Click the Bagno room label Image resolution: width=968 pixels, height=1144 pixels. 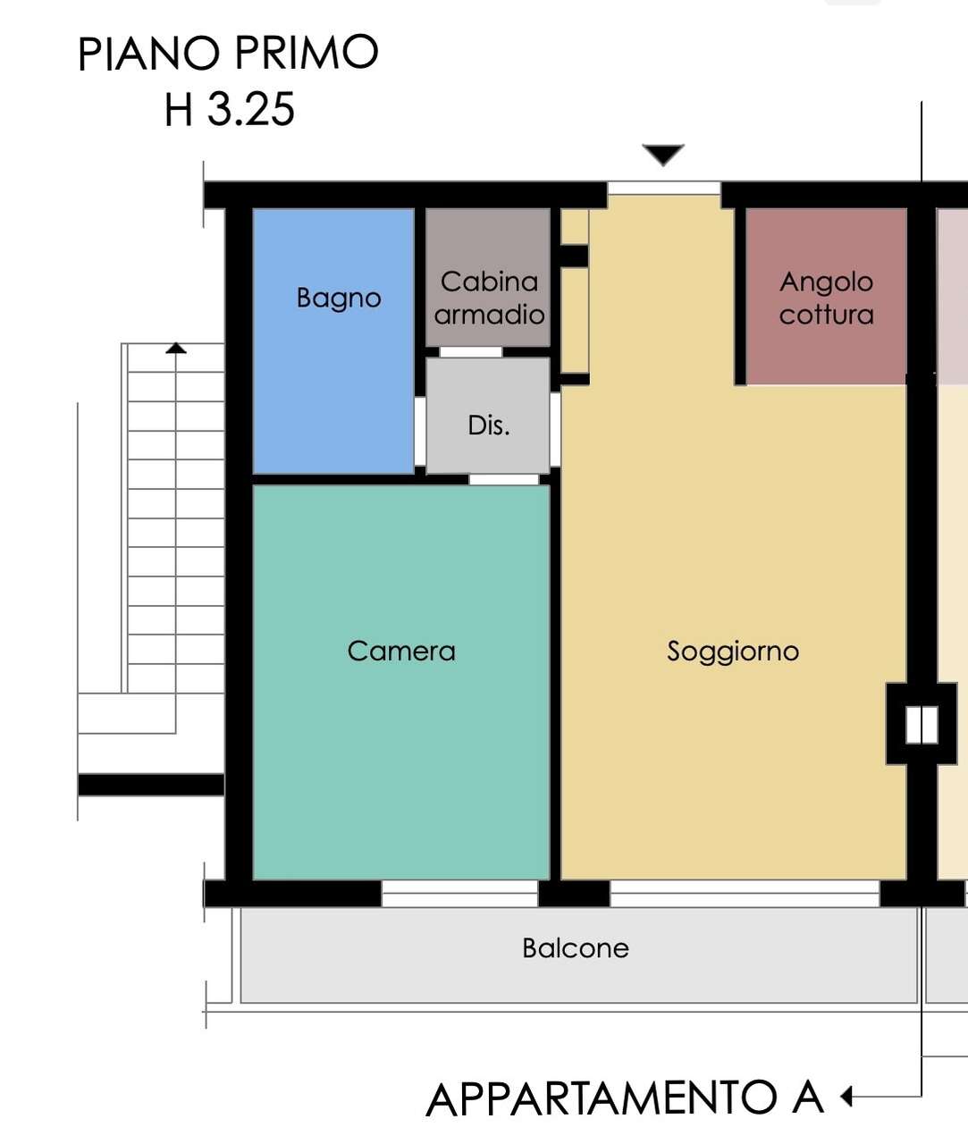pos(339,299)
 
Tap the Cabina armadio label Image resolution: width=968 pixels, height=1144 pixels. pos(489,299)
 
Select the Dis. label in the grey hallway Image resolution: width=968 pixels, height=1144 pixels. pos(489,425)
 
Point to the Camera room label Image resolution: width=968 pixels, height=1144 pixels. pos(401,651)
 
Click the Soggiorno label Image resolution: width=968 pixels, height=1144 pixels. pos(733,652)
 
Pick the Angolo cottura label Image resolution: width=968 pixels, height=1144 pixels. pos(826,299)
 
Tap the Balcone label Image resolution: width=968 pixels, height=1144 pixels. pos(576,948)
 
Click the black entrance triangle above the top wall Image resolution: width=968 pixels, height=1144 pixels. pos(663,155)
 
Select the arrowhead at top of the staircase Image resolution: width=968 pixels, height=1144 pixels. pos(176,349)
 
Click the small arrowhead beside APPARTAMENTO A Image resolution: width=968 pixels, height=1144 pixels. pos(846,1096)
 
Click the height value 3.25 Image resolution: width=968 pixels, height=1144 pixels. pos(251,109)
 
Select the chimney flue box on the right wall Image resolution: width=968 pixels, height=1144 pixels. pos(922,724)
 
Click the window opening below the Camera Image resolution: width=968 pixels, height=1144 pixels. pos(460,893)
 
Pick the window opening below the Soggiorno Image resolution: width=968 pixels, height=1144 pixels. pos(745,893)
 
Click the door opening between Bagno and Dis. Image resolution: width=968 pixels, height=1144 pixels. pos(420,431)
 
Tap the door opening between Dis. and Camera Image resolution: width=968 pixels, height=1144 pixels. pos(503,479)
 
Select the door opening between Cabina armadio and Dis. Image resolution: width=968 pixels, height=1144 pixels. pos(471,352)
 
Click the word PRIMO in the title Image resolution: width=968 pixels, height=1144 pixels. pos(307,53)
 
